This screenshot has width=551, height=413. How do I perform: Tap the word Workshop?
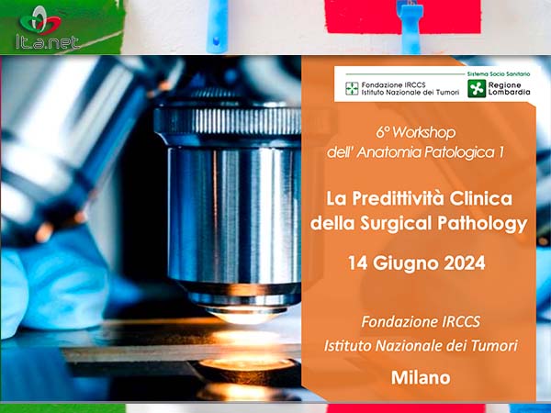point(424,133)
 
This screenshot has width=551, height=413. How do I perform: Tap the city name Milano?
point(421,378)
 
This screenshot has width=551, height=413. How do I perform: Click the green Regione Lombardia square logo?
point(477,88)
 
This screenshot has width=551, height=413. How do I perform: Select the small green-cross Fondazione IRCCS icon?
point(352,88)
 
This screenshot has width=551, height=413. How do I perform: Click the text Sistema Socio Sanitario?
point(499,74)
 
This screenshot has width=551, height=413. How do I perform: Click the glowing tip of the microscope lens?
point(243,317)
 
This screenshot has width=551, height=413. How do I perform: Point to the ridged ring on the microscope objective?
point(228,121)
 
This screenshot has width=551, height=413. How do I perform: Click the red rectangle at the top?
point(403,17)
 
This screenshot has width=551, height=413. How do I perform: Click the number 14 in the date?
point(358,263)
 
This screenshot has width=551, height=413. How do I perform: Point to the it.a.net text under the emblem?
point(47,43)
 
